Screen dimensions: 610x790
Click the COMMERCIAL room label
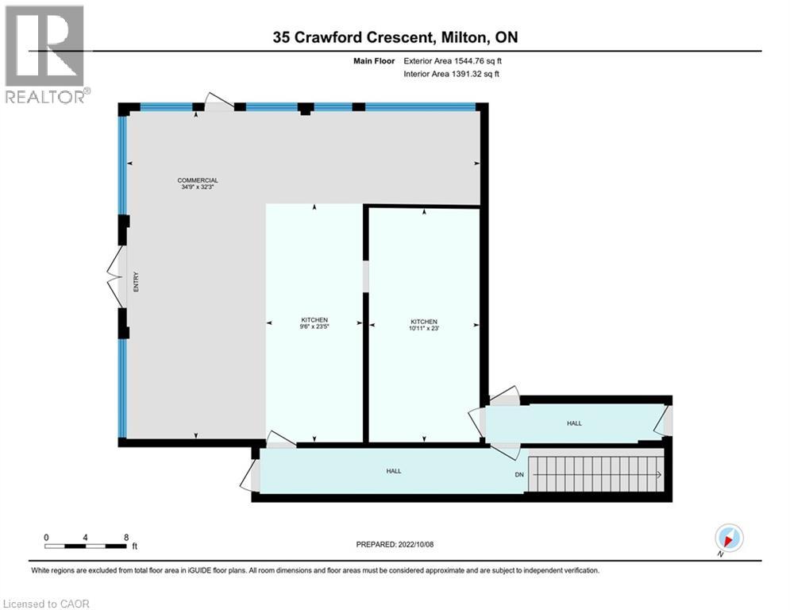click(x=197, y=180)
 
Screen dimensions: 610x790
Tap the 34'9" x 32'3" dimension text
click(x=197, y=187)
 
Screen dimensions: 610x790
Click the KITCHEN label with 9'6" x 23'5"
click(x=314, y=319)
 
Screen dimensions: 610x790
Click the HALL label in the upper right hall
click(x=574, y=423)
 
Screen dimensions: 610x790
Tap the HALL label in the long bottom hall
click(x=393, y=471)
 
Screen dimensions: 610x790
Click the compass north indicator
click(x=728, y=538)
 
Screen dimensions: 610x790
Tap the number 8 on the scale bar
click(x=126, y=537)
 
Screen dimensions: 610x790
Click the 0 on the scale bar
click(x=47, y=537)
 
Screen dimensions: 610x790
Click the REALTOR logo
click(x=44, y=53)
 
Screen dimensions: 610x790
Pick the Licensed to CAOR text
click(x=46, y=604)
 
